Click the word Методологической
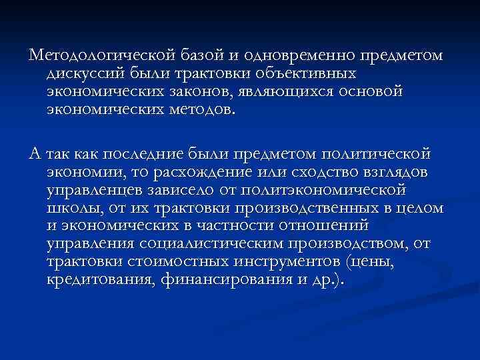[97, 54]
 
